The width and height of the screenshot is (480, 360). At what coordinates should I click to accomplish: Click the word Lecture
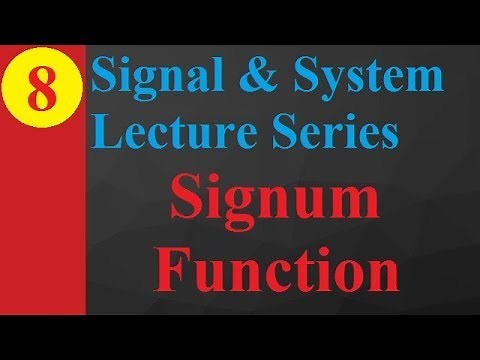[161, 132]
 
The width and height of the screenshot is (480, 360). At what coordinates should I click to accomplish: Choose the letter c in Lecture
[148, 135]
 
